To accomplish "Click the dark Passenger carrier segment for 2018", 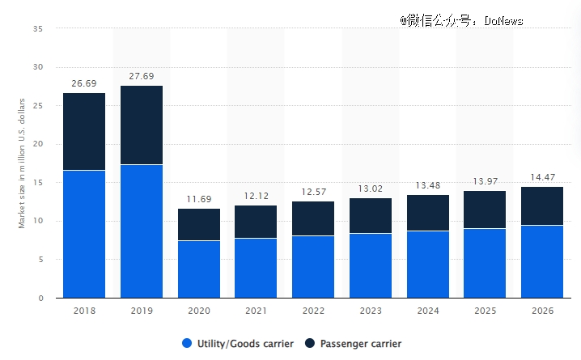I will pos(84,131).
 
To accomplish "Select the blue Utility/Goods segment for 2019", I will pos(142,231).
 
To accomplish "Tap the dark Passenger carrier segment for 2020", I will pos(199,224).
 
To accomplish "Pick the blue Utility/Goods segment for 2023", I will pos(371,265).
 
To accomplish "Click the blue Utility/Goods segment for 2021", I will pos(257,268).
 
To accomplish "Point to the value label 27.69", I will pos(142,76).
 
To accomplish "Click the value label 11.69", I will pos(199,199).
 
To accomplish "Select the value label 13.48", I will pos(428,185).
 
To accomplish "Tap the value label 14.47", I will pos(542,177).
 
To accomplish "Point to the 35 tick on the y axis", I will pos(38,29).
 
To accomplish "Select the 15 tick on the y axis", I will pos(38,183).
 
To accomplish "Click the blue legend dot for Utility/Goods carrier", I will pos(187,343).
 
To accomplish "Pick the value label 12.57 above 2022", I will pos(314,192).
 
